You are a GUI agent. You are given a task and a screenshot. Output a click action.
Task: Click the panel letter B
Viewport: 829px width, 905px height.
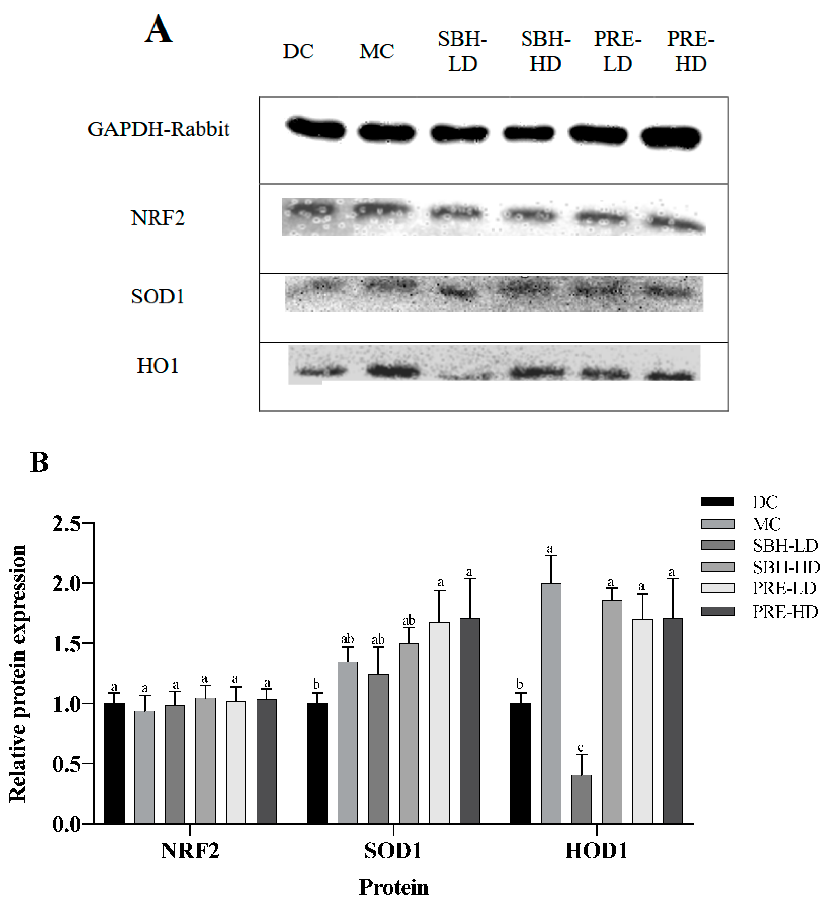tap(40, 462)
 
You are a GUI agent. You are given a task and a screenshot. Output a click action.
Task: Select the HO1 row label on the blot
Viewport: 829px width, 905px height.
tap(158, 366)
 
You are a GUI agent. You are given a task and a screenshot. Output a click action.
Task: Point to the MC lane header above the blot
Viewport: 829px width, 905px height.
tap(377, 52)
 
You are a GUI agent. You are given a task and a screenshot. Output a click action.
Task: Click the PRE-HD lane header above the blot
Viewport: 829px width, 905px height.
tap(690, 52)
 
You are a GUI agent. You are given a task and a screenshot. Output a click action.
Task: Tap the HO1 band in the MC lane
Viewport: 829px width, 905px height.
tap(393, 371)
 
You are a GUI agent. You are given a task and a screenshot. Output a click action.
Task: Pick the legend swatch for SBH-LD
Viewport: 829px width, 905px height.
tap(717, 545)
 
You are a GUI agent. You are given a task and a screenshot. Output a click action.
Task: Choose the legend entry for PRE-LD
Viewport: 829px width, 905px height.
tap(784, 589)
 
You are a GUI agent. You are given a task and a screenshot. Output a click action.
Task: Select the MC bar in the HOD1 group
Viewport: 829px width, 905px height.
tap(551, 705)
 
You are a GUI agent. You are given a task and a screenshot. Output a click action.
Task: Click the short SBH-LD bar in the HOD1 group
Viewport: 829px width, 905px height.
tap(581, 800)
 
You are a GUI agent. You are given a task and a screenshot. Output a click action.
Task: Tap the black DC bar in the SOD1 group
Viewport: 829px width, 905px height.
tap(317, 764)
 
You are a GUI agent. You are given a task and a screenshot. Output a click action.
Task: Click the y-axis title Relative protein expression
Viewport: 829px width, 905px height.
tap(18, 673)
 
